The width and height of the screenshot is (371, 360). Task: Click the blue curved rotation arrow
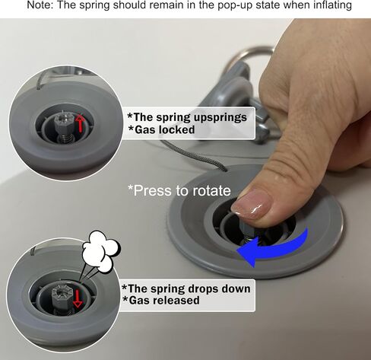tap(275, 248)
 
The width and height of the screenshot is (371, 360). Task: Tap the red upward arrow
tap(80, 123)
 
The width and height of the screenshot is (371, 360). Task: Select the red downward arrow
tap(78, 299)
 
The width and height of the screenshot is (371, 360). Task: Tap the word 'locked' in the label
tap(176, 130)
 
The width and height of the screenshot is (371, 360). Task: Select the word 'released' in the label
tap(176, 301)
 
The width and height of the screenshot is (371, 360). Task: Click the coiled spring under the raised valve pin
tap(65, 139)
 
